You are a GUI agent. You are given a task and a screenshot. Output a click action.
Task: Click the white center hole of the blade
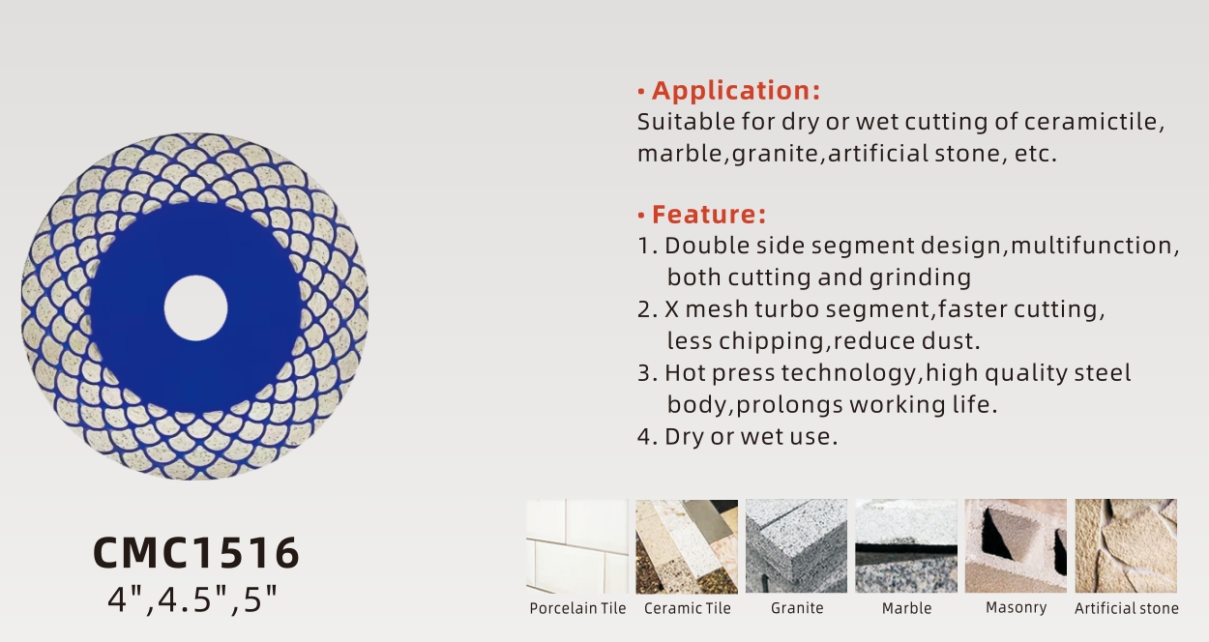click(196, 308)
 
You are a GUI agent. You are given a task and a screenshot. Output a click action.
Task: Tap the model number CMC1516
click(196, 553)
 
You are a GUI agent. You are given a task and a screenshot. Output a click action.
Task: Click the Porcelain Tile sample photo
click(577, 546)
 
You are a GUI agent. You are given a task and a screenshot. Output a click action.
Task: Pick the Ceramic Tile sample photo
click(687, 546)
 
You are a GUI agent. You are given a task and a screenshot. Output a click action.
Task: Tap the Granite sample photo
click(797, 546)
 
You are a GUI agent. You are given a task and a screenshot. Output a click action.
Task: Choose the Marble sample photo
click(906, 546)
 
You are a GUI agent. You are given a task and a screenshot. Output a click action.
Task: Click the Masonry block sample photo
click(1016, 546)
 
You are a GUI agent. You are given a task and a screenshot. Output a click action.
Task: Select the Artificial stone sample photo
click(1126, 546)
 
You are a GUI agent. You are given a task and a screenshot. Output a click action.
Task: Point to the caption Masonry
click(1016, 608)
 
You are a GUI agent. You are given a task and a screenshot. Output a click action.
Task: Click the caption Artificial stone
click(1127, 608)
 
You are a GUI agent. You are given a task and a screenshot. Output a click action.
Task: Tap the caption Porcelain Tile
click(577, 608)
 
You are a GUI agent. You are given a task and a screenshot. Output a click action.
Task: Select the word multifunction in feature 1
click(1091, 246)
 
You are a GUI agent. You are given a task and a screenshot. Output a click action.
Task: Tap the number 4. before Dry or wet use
click(647, 436)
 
